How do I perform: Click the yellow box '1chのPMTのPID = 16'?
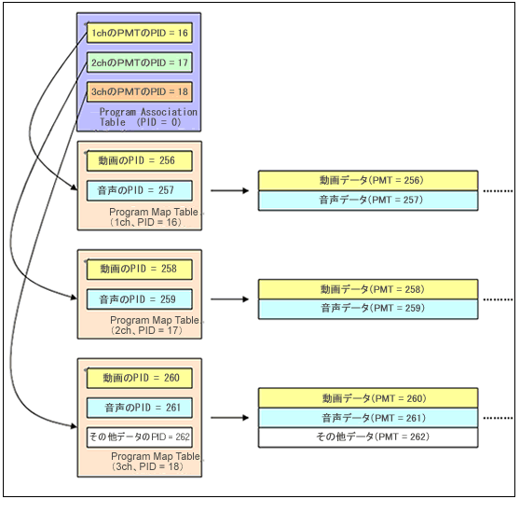coord(139,33)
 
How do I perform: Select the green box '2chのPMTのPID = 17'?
coord(139,62)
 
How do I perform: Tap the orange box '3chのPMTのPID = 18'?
coord(139,91)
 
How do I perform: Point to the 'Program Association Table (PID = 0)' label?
coord(148,117)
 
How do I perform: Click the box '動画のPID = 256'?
coord(139,161)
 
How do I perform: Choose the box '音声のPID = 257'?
coord(139,190)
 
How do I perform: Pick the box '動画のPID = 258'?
coord(139,270)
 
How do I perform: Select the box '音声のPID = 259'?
coord(139,299)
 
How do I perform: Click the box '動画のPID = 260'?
coord(139,378)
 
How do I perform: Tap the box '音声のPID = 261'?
coord(139,408)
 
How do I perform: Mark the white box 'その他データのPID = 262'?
coord(139,437)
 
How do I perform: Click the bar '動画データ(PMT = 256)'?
coord(368,181)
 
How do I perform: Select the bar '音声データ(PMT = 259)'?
coord(368,309)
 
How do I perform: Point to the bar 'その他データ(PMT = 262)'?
coord(368,437)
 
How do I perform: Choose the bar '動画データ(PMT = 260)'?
coord(368,398)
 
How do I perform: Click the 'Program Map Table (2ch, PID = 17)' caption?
coord(155,326)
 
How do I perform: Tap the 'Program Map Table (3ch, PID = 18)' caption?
coord(156,462)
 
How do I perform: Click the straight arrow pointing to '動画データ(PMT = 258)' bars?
coord(229,299)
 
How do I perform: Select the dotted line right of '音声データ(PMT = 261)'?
coord(498,418)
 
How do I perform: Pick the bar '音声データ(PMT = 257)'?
coord(368,201)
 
